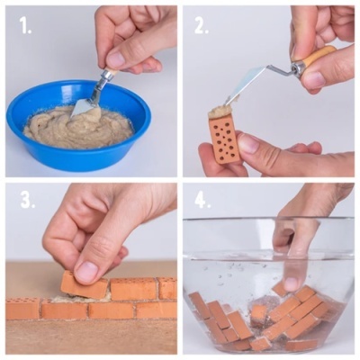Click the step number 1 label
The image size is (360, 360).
(24, 26)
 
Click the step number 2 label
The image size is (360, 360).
(201, 25)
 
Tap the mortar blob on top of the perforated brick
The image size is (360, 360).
(221, 111)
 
